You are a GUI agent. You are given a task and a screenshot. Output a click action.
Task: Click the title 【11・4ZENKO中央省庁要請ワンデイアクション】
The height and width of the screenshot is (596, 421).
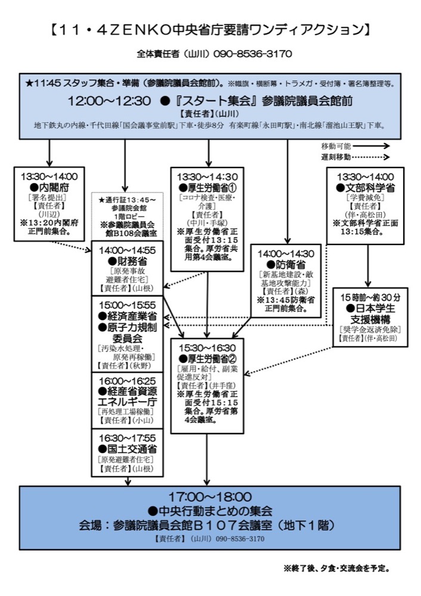click(210, 29)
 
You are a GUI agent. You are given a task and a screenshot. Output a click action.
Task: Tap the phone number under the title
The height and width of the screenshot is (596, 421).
click(252, 54)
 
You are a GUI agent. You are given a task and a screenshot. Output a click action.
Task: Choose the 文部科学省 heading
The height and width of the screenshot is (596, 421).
click(366, 187)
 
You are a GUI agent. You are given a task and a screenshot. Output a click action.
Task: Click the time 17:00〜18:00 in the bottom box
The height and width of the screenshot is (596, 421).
click(210, 496)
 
